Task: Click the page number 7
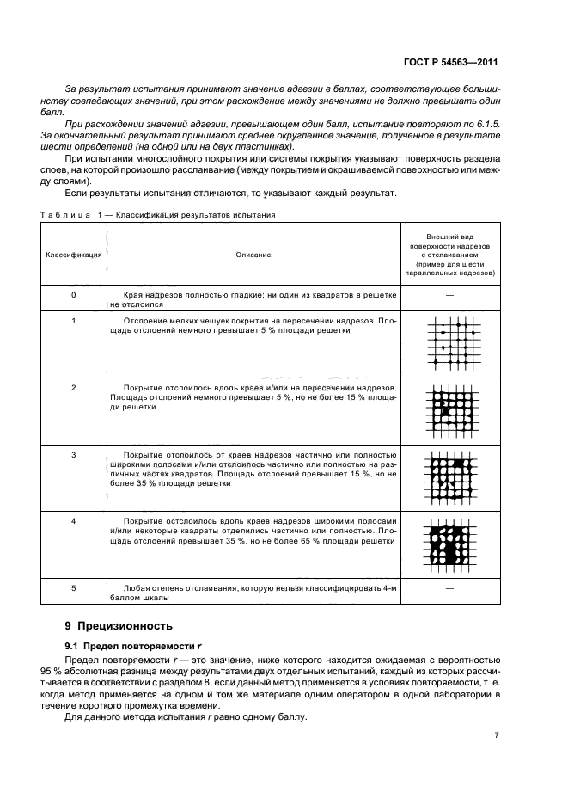pyautogui.click(x=496, y=735)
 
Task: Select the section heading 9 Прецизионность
pyautogui.click(x=125, y=625)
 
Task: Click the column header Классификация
pyautogui.click(x=73, y=255)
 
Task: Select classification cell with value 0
pyautogui.click(x=73, y=295)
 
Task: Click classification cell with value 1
pyautogui.click(x=73, y=321)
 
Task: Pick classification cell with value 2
pyautogui.click(x=73, y=388)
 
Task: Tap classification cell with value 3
pyautogui.click(x=73, y=454)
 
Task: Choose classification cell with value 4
pyautogui.click(x=73, y=521)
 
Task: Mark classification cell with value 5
pyautogui.click(x=73, y=588)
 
